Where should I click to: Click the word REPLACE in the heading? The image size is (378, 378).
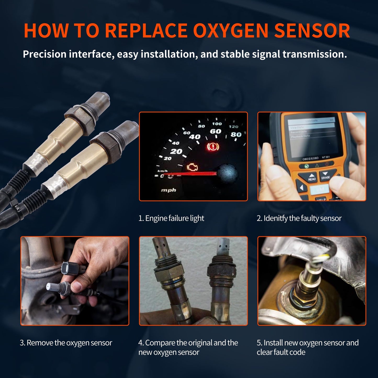(x=146, y=31)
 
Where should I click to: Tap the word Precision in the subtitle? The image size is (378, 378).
(x=45, y=54)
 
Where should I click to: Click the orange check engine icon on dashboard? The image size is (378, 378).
(x=192, y=167)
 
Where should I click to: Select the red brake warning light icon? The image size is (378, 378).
(x=213, y=147)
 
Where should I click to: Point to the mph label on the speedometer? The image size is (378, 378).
(x=168, y=190)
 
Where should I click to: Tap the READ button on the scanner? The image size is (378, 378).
(x=312, y=178)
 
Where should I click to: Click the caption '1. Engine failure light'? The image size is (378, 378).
(x=171, y=218)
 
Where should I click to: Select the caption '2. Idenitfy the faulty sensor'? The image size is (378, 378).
(x=299, y=218)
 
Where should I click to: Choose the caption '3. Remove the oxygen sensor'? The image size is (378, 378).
(x=66, y=343)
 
